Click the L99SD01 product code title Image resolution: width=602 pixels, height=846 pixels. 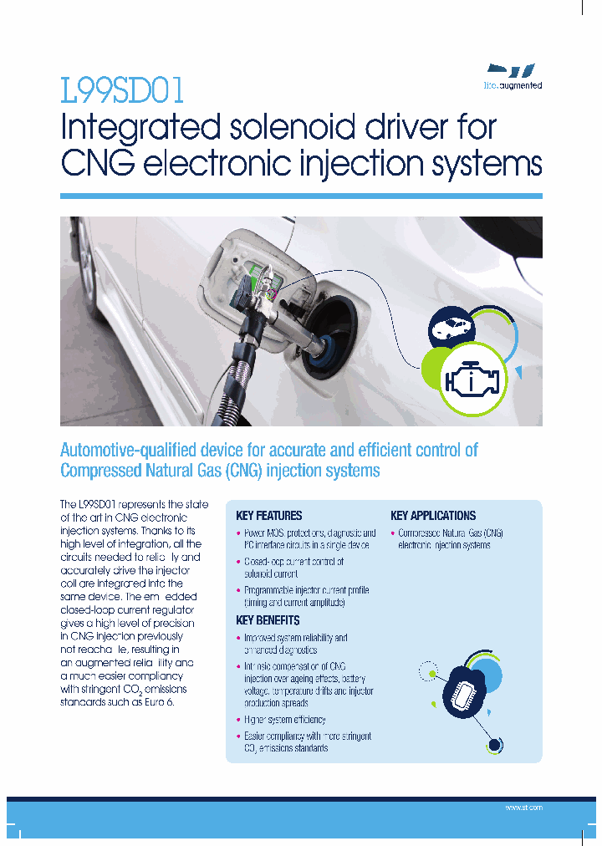[122, 90]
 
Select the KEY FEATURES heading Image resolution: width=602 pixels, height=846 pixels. [269, 516]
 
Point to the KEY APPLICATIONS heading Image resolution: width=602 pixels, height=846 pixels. [433, 516]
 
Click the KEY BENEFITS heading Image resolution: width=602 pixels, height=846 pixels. [268, 620]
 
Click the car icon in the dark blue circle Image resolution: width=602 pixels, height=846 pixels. [451, 329]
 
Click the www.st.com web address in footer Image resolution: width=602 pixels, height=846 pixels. [524, 808]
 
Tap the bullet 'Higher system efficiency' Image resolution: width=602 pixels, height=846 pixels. [284, 720]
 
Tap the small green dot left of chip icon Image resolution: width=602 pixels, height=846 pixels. [430, 671]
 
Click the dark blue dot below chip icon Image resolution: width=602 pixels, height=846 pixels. [494, 745]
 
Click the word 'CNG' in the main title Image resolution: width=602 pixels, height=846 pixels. [98, 163]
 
